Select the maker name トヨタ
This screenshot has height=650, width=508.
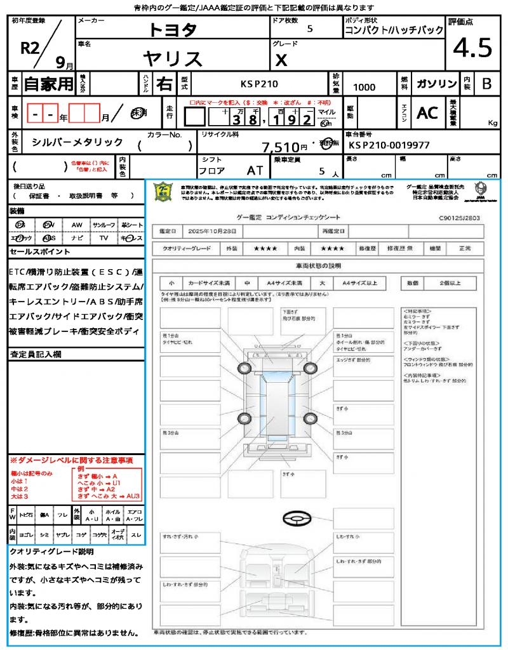173,29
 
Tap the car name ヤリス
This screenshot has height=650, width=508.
173,58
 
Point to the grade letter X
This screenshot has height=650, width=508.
281,60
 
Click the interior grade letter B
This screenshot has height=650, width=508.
486,84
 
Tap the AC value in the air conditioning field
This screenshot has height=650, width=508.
427,113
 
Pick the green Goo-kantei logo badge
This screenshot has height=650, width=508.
164,192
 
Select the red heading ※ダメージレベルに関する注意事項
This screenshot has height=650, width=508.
71,460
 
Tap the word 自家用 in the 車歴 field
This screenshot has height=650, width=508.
48,84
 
